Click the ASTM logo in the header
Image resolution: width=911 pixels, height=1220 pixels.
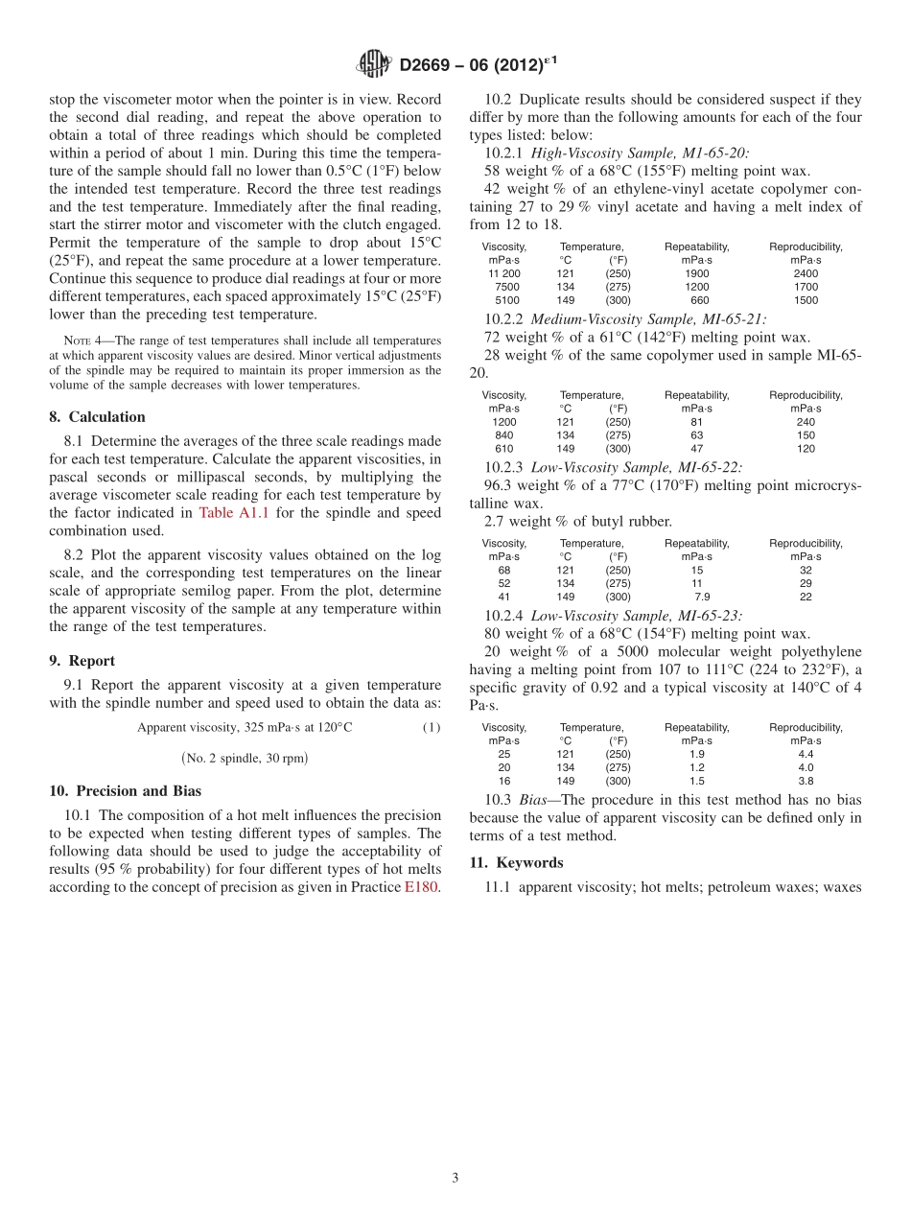[373, 65]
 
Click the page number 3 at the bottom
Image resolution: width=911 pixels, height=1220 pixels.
[455, 1178]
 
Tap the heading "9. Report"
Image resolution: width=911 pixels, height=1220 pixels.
[82, 661]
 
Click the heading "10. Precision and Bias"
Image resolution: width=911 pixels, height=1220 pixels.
[125, 791]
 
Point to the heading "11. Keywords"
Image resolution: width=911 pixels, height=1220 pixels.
[516, 862]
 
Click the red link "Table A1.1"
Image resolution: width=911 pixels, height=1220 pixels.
[234, 513]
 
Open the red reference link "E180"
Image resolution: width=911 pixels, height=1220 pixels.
[422, 887]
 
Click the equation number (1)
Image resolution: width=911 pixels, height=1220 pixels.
[432, 727]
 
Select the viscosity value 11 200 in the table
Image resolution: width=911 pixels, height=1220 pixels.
[504, 273]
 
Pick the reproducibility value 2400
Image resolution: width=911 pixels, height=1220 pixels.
[806, 273]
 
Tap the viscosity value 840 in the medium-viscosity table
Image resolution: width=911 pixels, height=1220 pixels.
[504, 435]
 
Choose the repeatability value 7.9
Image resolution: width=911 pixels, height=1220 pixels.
[702, 597]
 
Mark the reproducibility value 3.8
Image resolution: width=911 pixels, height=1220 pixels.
[806, 781]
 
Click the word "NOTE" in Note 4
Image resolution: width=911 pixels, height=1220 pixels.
[77, 340]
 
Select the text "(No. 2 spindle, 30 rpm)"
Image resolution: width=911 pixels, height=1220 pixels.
[245, 758]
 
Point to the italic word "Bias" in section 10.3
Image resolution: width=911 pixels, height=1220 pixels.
[532, 800]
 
